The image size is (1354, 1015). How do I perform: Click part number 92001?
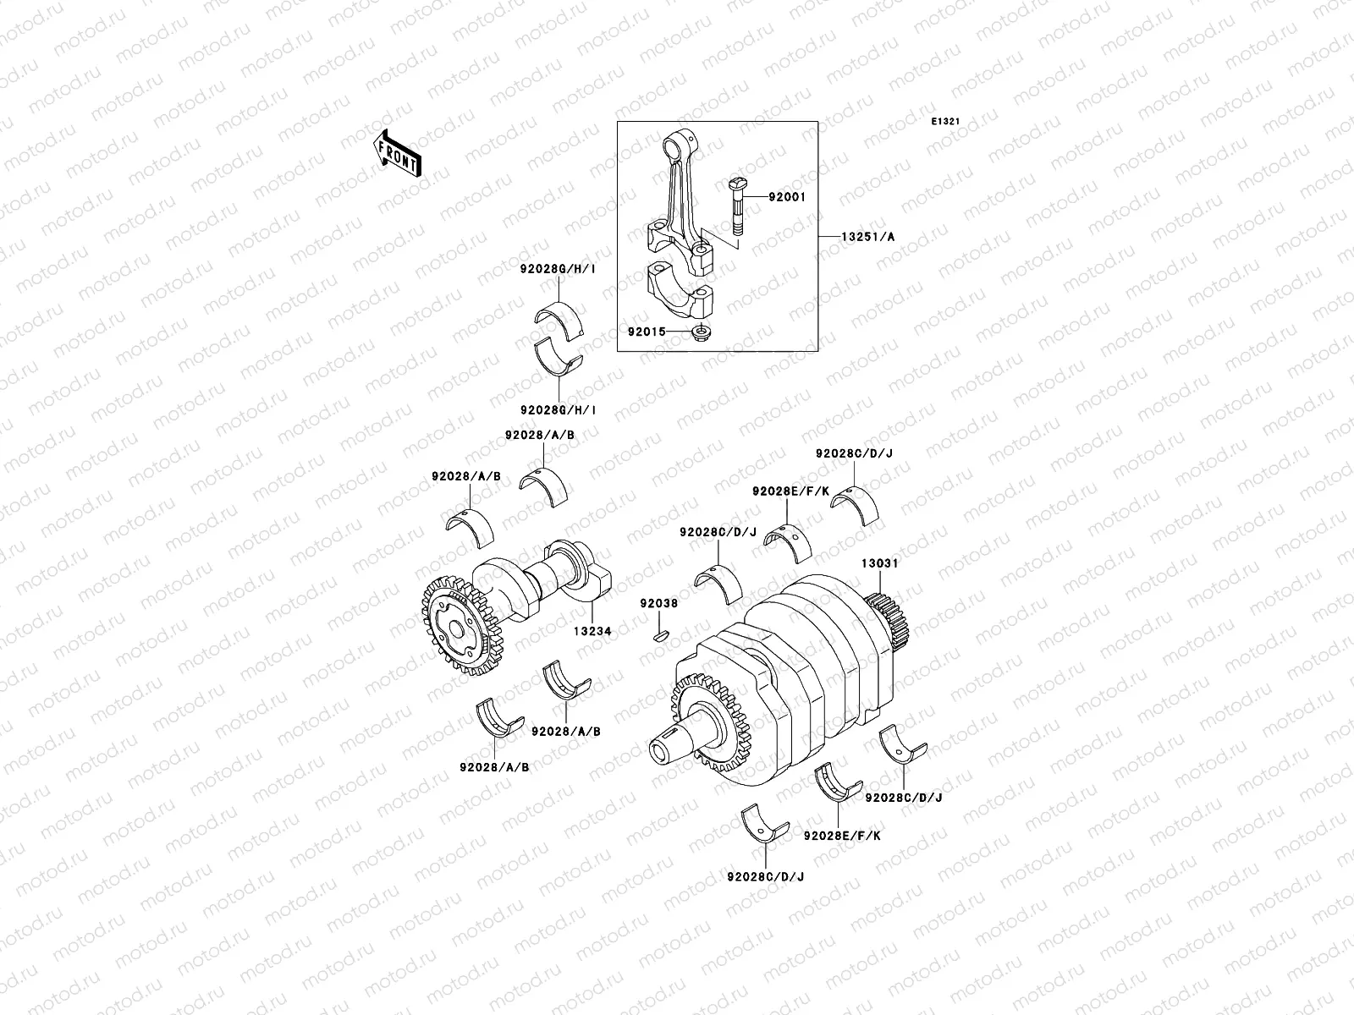pos(787,197)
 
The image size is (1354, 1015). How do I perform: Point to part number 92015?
pos(647,332)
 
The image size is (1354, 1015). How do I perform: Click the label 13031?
pos(880,562)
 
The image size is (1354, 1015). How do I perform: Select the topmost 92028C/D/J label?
pos(854,453)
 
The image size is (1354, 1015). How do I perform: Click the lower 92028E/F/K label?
pos(842,835)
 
